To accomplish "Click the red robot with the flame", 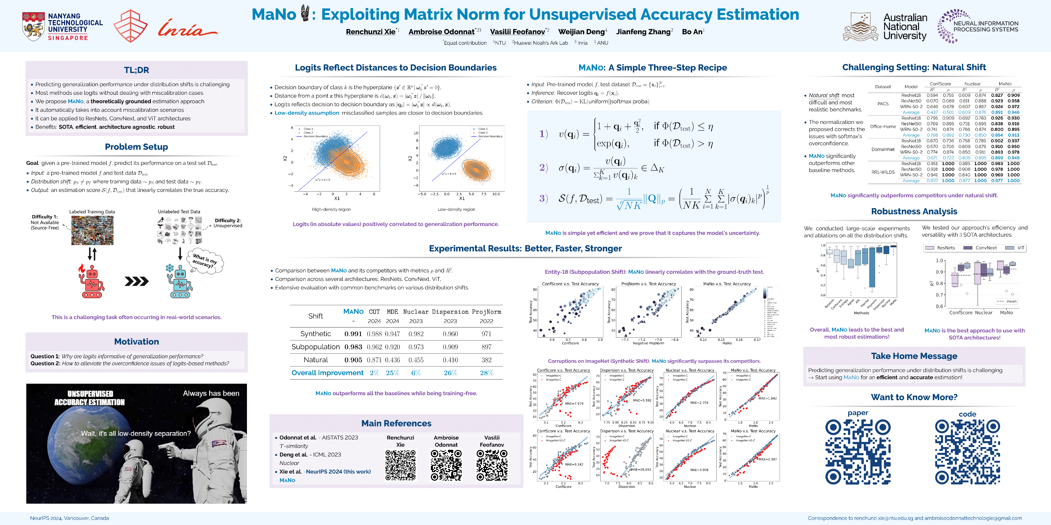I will pyautogui.click(x=91, y=281).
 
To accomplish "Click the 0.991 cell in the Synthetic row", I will pyautogui.click(x=353, y=334).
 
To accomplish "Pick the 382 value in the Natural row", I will pyautogui.click(x=486, y=360).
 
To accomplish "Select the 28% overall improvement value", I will pyautogui.click(x=486, y=373).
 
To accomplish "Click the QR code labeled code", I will pyautogui.click(x=967, y=452).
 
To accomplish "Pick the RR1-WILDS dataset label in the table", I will pyautogui.click(x=883, y=172).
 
